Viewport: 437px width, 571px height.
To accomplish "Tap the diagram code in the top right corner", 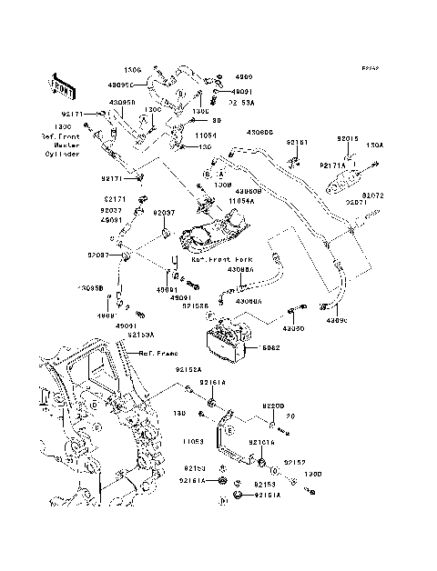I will point(369,67).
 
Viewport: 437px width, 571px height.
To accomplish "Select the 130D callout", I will point(313,473).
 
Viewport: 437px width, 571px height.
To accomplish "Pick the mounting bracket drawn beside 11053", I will point(235,442).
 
